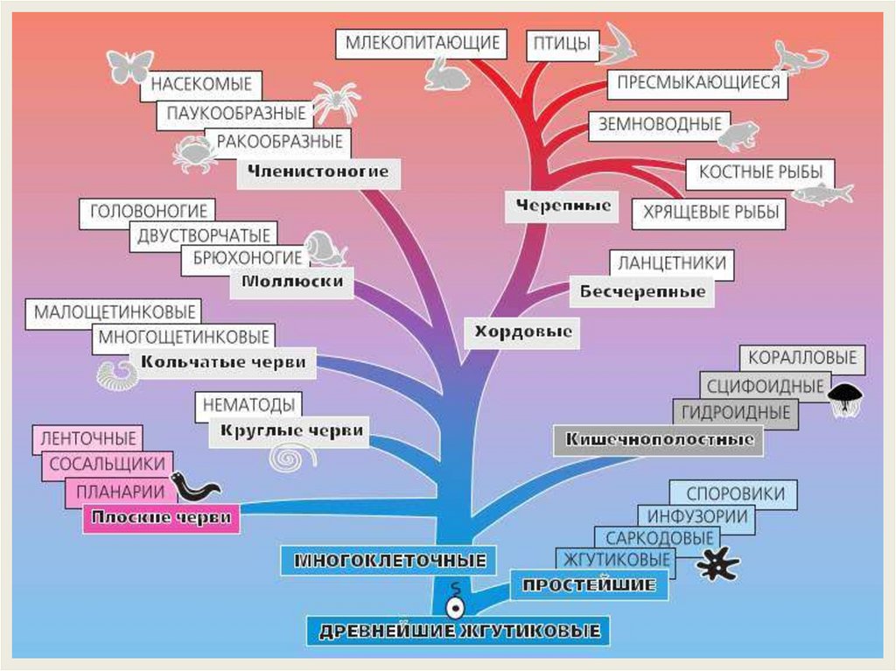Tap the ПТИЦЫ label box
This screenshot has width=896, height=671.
558,44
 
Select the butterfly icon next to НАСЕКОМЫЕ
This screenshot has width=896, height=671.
129,66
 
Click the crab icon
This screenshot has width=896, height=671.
194,154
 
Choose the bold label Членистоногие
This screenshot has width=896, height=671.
318,171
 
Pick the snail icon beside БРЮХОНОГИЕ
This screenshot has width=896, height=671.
325,249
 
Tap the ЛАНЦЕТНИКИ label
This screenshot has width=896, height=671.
671,263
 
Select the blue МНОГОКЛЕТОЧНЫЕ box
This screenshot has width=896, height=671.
388,559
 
